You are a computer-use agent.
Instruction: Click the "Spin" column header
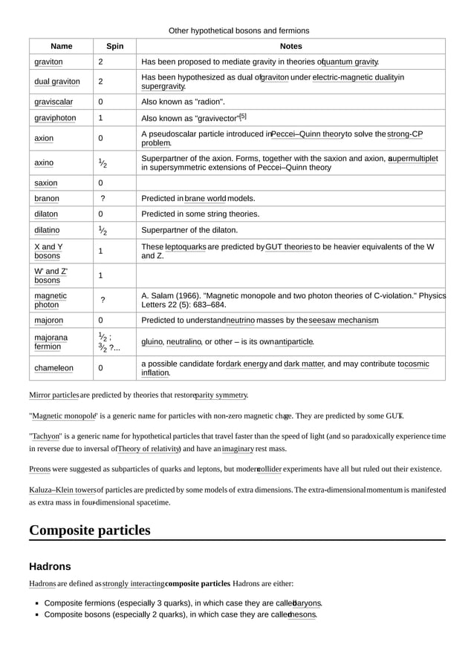[114, 46]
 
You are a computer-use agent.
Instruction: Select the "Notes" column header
[290, 46]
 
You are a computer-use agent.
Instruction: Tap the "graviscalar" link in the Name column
[53, 102]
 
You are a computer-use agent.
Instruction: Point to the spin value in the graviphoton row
[100, 118]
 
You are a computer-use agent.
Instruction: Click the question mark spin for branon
[103, 199]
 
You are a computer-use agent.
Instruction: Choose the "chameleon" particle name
[53, 368]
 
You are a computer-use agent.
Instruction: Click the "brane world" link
[205, 199]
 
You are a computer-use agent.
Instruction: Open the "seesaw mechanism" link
[343, 321]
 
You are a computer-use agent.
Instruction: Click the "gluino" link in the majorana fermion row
[152, 342]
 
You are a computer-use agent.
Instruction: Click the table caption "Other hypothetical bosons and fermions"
[238, 30]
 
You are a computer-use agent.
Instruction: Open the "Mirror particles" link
[53, 395]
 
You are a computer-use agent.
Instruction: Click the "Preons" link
[39, 469]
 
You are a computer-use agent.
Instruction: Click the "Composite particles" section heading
[89, 530]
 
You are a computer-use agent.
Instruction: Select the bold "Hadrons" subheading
[50, 566]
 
